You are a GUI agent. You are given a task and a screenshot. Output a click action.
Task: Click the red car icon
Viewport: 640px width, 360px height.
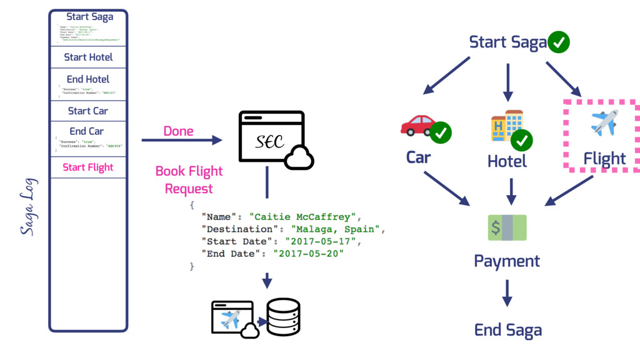click(417, 125)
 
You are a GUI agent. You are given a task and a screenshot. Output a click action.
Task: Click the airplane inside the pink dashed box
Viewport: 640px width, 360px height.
click(604, 122)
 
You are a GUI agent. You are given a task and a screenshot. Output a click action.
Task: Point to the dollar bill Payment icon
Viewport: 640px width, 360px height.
click(507, 227)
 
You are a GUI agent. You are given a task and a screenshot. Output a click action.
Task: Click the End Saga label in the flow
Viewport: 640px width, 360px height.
click(507, 330)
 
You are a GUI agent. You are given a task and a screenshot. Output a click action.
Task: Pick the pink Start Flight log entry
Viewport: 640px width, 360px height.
click(88, 167)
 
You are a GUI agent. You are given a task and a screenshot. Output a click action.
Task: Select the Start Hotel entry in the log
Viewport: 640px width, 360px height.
click(88, 57)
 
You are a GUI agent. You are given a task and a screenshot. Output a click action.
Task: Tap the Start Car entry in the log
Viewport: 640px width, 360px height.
click(88, 111)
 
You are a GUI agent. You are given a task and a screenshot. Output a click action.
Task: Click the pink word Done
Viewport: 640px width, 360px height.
click(178, 131)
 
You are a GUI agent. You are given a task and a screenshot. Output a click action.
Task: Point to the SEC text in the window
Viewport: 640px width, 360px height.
click(270, 142)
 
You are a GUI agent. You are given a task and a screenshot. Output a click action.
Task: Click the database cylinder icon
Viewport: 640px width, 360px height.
click(283, 317)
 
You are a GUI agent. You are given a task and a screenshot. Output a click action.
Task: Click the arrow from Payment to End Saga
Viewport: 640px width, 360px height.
click(507, 292)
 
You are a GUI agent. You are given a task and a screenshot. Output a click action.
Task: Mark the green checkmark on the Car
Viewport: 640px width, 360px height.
click(441, 132)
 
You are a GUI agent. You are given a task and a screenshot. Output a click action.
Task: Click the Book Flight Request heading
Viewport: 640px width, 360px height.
click(189, 179)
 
